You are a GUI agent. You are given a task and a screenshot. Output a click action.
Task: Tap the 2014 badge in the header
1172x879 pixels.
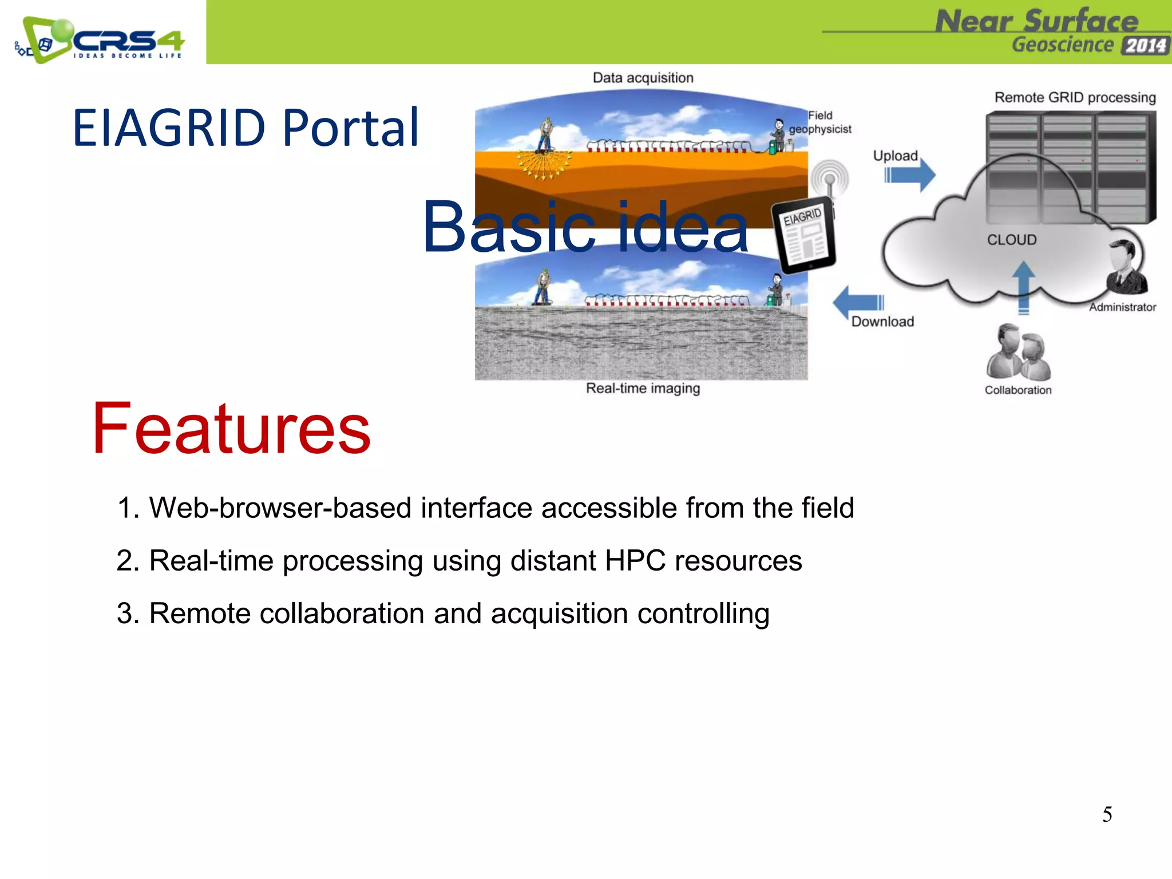tap(1145, 45)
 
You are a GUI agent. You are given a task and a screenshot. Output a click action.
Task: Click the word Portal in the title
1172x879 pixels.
tap(351, 128)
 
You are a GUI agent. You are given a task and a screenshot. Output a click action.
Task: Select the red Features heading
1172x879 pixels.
tap(231, 429)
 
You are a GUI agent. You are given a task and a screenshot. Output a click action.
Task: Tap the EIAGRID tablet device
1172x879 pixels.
tap(804, 235)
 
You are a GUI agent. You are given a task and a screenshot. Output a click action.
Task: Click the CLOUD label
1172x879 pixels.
tap(1011, 240)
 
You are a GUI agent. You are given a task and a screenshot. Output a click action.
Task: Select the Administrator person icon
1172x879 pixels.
tap(1126, 267)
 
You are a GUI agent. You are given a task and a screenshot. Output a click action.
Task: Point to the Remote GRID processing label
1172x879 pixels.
tap(1075, 97)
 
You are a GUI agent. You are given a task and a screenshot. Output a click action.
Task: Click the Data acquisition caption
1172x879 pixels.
tap(643, 78)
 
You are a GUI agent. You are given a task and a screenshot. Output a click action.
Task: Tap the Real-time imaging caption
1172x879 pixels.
tap(643, 389)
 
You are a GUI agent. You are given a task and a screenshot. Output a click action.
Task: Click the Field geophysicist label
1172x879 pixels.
tap(820, 122)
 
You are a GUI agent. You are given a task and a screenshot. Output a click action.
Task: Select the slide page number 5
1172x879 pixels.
tap(1107, 814)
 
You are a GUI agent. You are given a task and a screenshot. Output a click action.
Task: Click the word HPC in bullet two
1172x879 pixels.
tap(635, 561)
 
